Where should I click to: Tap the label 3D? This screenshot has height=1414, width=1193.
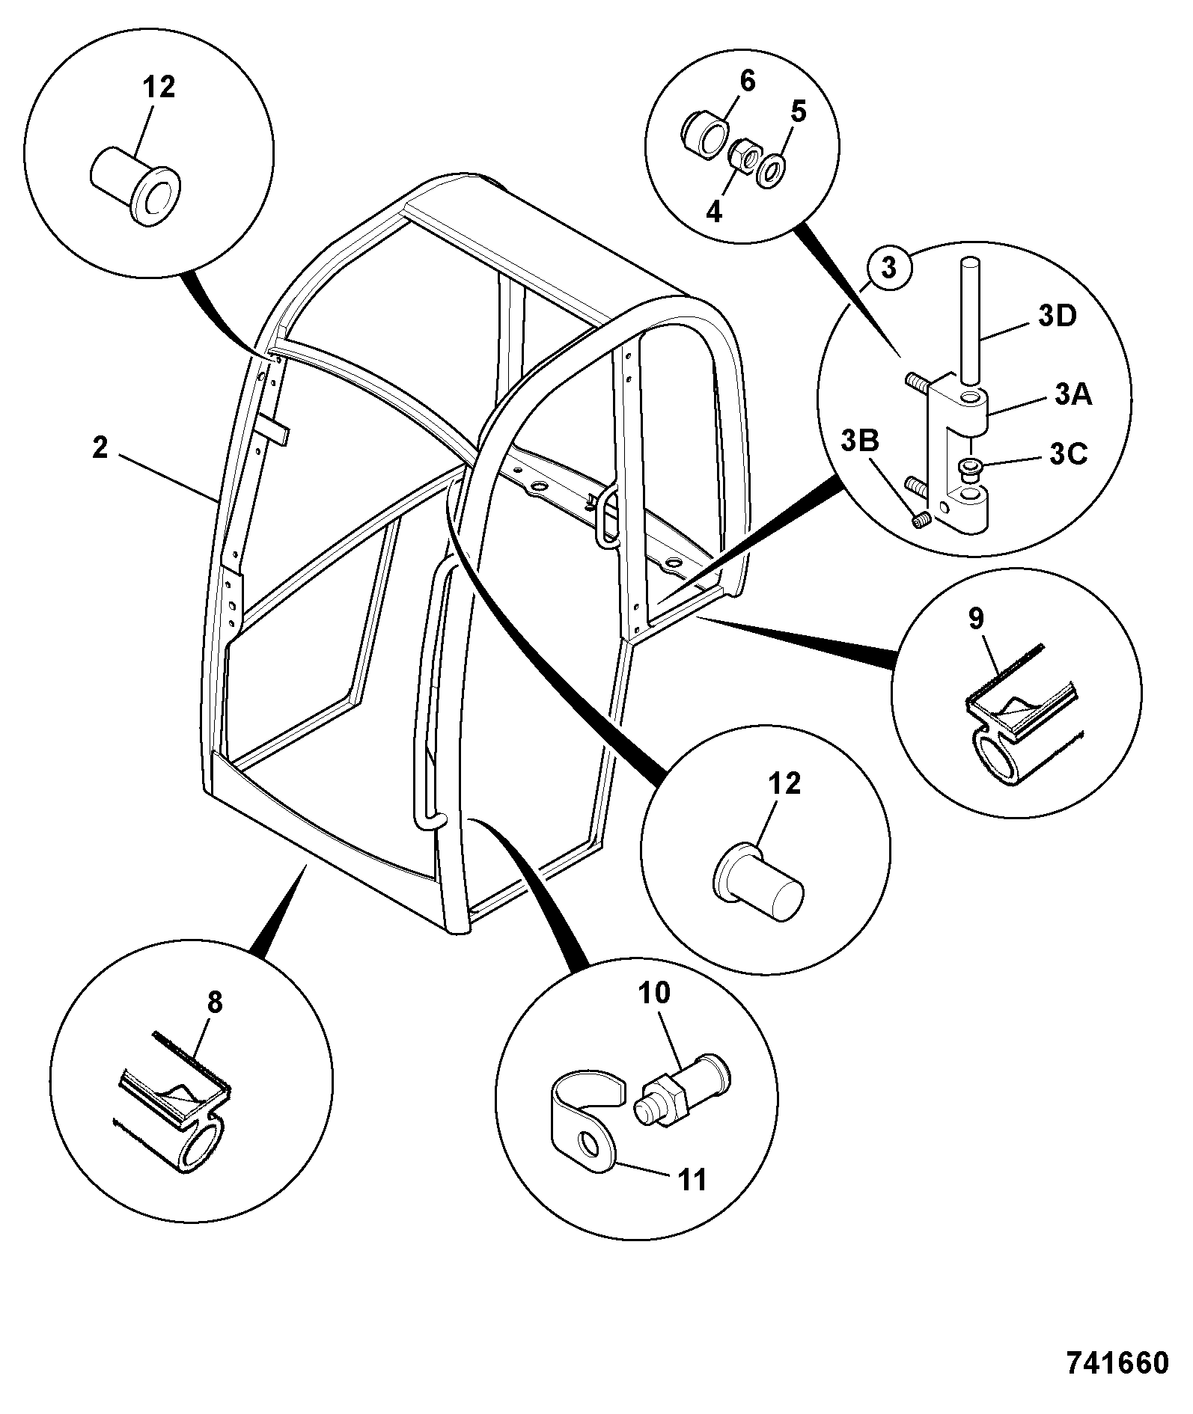coord(1057,316)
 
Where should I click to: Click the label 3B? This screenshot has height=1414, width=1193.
coord(859,441)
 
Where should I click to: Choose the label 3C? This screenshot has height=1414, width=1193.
coord(1068,454)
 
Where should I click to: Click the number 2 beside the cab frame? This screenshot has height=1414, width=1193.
coord(100,448)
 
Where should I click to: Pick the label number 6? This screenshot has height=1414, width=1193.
coord(748,80)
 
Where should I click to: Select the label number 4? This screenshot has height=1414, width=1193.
coord(714,212)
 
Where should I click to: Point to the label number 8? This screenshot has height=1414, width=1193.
coord(215,1002)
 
